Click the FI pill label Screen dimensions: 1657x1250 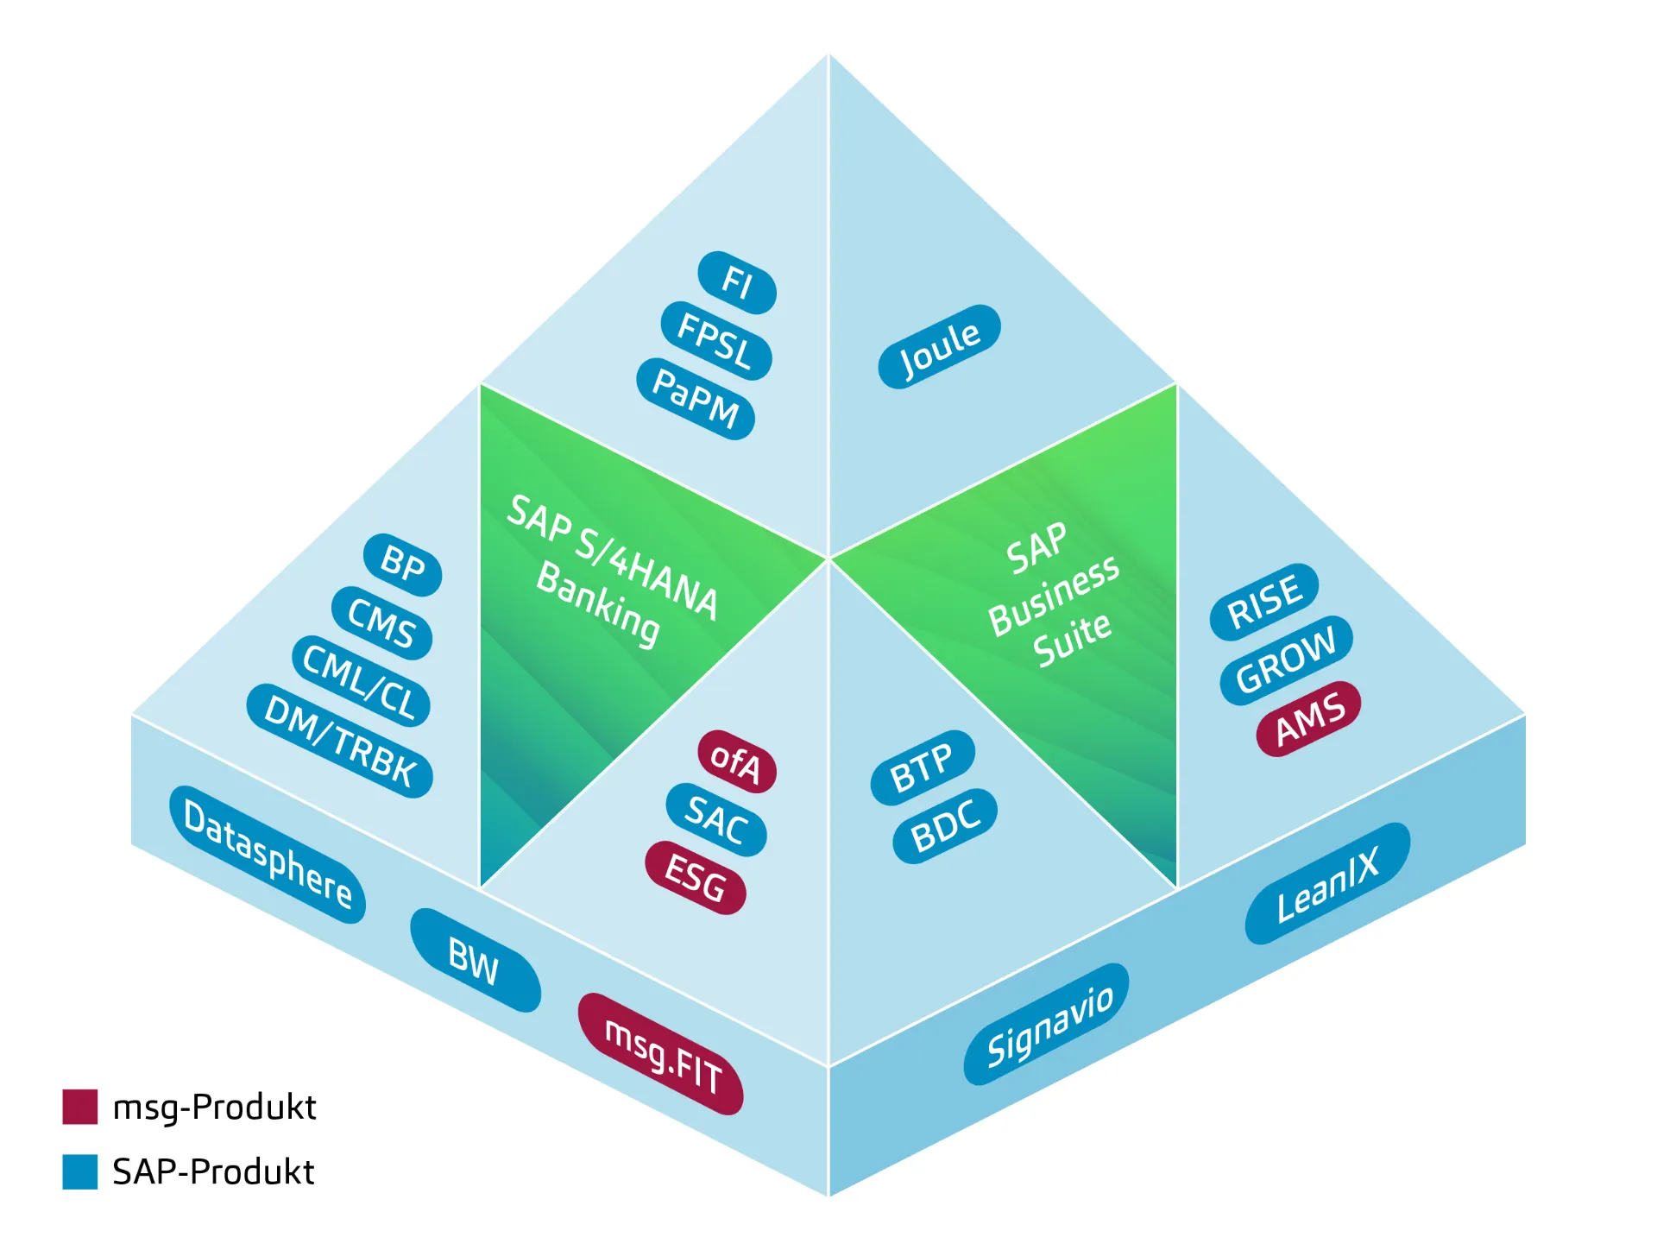[x=737, y=282]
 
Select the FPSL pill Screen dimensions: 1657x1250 [x=715, y=341]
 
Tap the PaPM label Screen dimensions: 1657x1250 [x=696, y=399]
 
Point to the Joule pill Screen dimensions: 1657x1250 [x=939, y=346]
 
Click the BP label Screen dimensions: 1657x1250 [x=402, y=565]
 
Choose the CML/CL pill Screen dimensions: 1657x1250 [x=361, y=682]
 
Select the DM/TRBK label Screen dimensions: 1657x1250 [x=339, y=741]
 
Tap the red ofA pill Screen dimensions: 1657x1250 [x=737, y=761]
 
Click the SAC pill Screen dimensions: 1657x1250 [x=716, y=819]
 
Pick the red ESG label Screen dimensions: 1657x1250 [x=696, y=878]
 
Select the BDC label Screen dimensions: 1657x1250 [x=945, y=825]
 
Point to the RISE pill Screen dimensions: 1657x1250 [x=1264, y=602]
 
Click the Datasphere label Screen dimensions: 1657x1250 [x=268, y=854]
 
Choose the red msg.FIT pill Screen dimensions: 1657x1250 [x=660, y=1053]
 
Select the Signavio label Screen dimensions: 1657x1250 [x=1047, y=1024]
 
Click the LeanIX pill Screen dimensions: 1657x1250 [x=1328, y=883]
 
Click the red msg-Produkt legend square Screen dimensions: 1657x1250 [x=79, y=1106]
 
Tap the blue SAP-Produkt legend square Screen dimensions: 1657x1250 [x=79, y=1171]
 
